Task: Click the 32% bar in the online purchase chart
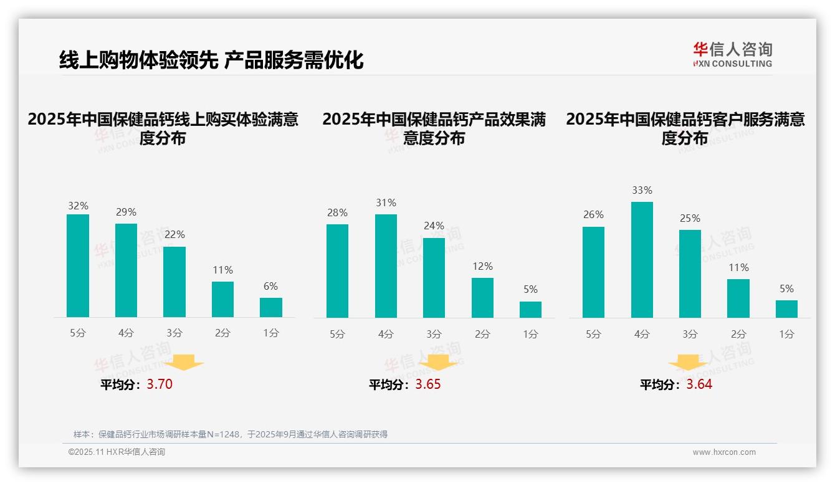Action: click(78, 266)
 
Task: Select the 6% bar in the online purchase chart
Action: click(271, 308)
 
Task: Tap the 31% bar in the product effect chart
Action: click(386, 266)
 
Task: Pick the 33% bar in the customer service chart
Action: click(642, 260)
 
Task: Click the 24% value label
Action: click(434, 226)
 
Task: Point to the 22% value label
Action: click(174, 234)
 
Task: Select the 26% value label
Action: click(593, 214)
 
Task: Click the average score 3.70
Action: click(160, 384)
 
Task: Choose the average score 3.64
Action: click(699, 384)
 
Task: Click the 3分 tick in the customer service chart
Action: click(690, 334)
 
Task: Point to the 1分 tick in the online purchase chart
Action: click(271, 333)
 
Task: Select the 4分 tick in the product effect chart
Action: click(386, 334)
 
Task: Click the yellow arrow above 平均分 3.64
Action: click(689, 363)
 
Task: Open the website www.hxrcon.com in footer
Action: click(723, 452)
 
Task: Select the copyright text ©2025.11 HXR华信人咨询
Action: click(117, 452)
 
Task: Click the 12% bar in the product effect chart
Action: click(482, 298)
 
